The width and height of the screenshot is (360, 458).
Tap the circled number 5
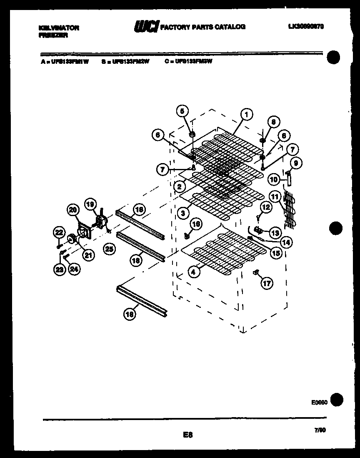pos(182,111)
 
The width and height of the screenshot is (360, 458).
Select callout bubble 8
pos(273,122)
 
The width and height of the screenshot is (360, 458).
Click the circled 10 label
pos(273,180)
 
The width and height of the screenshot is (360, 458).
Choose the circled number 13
pos(275,232)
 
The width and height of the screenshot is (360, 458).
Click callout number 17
pos(266,284)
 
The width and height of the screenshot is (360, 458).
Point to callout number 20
pos(73,210)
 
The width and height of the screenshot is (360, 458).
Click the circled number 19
pos(90,204)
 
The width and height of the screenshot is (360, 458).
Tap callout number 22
pos(59,232)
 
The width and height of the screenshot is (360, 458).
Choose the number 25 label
pos(109,249)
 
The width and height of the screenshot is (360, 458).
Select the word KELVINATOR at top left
pos(59,28)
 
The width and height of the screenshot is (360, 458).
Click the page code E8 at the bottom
pos(187,435)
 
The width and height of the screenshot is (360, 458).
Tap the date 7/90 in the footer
pos(320,430)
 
